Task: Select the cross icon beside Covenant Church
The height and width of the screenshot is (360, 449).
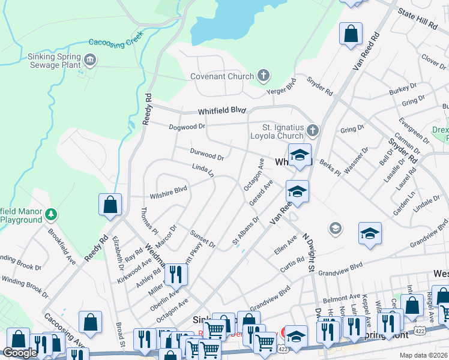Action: [x=262, y=76]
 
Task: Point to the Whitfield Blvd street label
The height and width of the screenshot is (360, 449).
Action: [x=223, y=111]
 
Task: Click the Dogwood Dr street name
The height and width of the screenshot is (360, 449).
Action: [x=187, y=127]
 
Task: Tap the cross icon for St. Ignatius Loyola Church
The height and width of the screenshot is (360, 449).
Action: [x=312, y=130]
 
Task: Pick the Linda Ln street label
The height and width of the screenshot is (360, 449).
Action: [x=203, y=170]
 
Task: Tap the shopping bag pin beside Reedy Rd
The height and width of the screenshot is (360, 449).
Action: [x=110, y=204]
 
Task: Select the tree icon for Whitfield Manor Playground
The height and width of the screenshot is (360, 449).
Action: [x=52, y=214]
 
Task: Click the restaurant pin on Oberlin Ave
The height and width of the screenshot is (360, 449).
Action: [x=175, y=275]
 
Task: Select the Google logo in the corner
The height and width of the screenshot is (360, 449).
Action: [x=19, y=353]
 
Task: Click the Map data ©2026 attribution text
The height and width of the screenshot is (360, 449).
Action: [x=424, y=355]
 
